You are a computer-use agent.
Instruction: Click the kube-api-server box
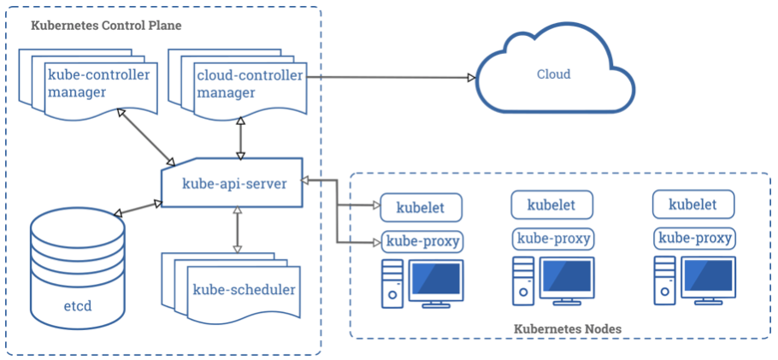(233, 182)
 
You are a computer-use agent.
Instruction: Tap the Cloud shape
(553, 75)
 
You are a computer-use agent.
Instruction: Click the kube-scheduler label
(244, 290)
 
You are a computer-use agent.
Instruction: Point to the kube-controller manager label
(98, 83)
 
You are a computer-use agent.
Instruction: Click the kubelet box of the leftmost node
(421, 206)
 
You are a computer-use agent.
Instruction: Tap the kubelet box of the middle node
(551, 204)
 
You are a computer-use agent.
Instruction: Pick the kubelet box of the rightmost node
(693, 204)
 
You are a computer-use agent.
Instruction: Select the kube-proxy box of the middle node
(552, 239)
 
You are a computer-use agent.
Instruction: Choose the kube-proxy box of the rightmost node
(693, 239)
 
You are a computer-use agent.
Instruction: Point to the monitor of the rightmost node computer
(708, 278)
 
